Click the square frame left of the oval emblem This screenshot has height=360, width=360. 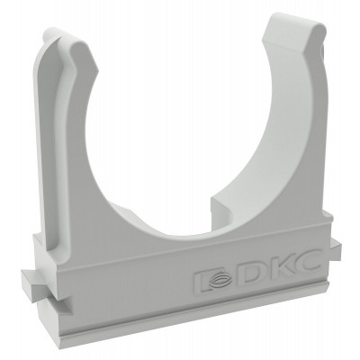point(202,282)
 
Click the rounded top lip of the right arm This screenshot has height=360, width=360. point(295,24)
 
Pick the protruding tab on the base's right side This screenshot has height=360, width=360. point(336,248)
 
